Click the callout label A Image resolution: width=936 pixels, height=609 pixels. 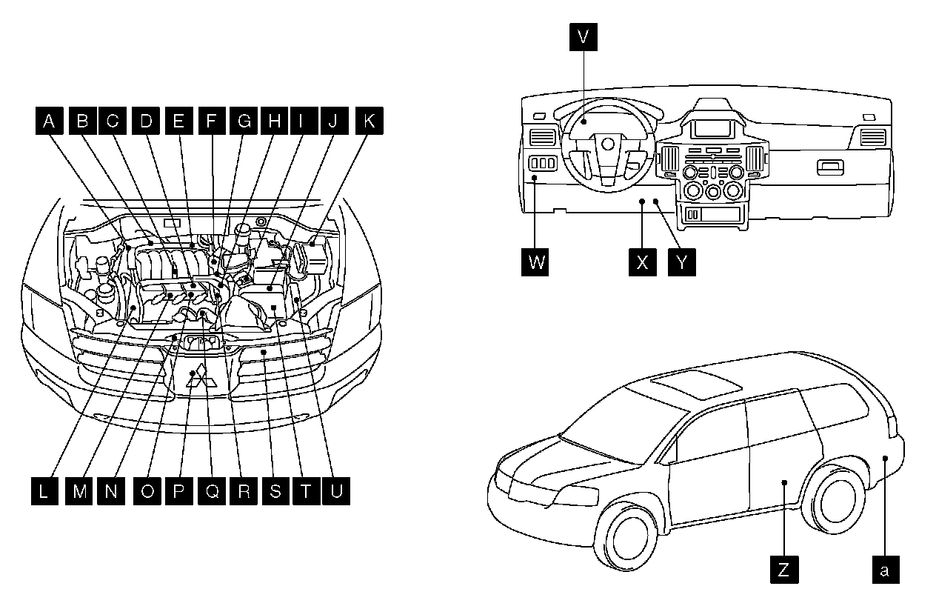coord(49,121)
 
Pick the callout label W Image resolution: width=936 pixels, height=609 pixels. coord(535,262)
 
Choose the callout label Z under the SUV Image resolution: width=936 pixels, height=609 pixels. coord(783,570)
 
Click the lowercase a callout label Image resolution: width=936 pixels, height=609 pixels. coord(885,570)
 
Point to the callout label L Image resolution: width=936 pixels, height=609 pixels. coord(45,492)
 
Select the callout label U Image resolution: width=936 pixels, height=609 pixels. coord(336,492)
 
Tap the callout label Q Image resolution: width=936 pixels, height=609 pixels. coord(211,492)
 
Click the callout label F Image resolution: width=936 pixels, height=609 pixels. coord(211,121)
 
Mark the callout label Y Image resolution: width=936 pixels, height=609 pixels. coord(681,262)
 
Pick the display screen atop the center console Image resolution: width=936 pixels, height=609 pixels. coord(712,130)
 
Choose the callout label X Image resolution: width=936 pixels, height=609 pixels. coord(642,262)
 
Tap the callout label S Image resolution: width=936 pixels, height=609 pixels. coord(274,492)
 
